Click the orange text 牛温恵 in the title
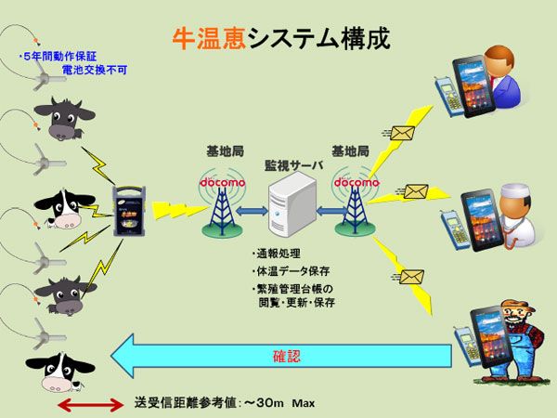tap(209, 39)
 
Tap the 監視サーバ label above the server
tap(293, 165)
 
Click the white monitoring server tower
tap(292, 204)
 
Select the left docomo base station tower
tap(223, 206)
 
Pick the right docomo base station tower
tap(356, 205)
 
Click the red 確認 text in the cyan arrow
tap(287, 356)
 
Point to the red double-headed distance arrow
tap(91, 405)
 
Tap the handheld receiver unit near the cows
tap(129, 211)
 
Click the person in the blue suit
tap(502, 77)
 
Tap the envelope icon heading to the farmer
tap(411, 277)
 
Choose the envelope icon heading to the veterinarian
tap(416, 192)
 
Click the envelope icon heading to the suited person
tap(403, 133)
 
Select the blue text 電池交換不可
tap(95, 70)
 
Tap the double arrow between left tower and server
tap(252, 211)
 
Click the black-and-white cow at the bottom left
tap(59, 372)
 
